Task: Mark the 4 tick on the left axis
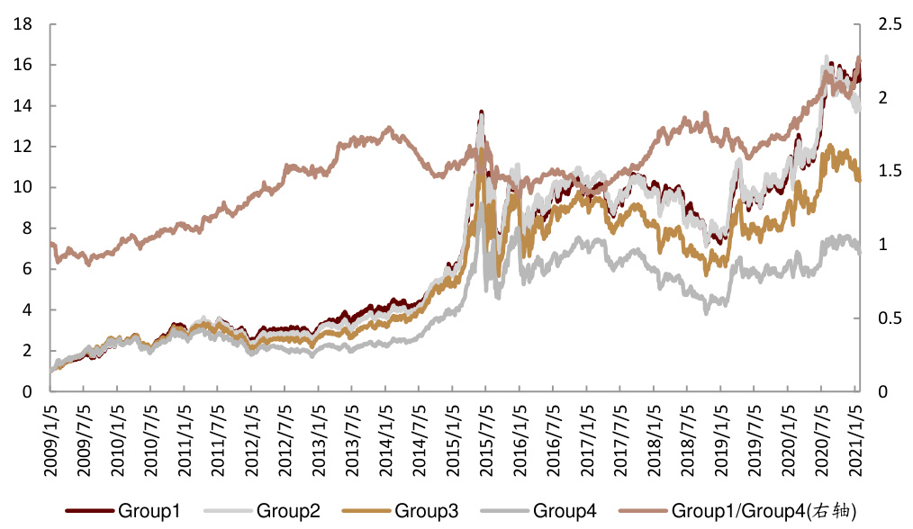click(29, 309)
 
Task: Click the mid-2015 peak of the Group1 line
click(482, 112)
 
